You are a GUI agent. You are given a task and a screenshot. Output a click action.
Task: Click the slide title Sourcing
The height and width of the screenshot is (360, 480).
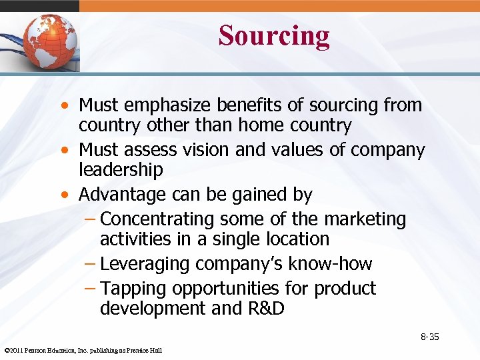[x=273, y=36]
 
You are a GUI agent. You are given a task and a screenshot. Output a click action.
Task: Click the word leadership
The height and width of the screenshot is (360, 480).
[x=121, y=170]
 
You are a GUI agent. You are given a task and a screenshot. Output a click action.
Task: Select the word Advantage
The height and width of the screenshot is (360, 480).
[x=125, y=195]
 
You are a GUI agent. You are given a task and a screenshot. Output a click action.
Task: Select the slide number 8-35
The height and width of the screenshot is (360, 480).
[x=429, y=337]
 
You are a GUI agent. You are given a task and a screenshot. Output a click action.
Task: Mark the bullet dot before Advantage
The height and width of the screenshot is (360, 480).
[x=65, y=195]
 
